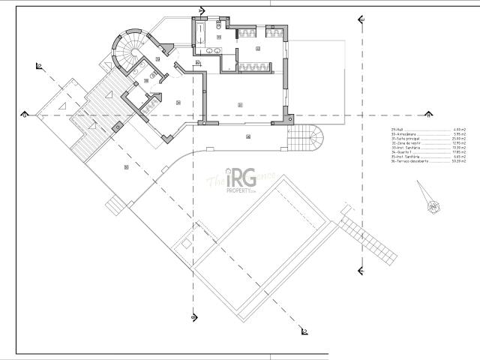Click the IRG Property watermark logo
[241, 181]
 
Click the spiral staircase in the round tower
[127, 46]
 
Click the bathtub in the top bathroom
[202, 31]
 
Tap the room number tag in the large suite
[239, 103]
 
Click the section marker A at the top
[200, 10]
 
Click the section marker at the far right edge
[428, 115]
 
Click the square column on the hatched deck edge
[116, 128]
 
